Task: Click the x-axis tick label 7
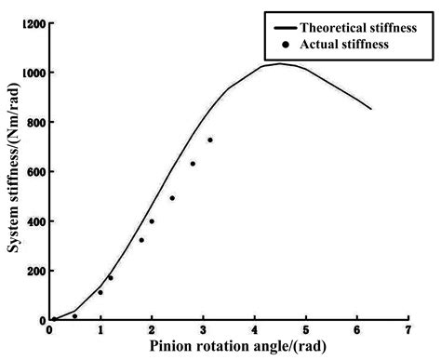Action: (408, 329)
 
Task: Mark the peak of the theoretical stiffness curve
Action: (279, 63)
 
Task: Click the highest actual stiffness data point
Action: (209, 140)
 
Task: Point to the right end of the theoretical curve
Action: (371, 109)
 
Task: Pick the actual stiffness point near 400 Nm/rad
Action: (152, 221)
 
